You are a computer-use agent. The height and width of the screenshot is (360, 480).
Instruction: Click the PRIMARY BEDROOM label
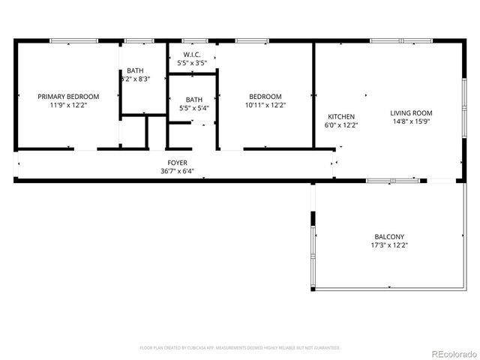68,97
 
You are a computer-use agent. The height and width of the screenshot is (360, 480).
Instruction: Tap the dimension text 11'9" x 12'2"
68,106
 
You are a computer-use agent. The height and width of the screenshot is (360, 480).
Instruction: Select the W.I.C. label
191,55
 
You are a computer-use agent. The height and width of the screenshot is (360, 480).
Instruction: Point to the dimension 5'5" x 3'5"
191,64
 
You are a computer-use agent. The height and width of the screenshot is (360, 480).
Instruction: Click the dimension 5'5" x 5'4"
193,108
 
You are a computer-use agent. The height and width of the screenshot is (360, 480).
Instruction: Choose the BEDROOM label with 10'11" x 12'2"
265,97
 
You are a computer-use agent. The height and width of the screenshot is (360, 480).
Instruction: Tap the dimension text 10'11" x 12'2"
265,106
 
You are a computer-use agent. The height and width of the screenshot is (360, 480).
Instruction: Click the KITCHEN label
341,116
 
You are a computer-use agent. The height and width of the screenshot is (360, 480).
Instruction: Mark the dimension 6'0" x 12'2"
341,125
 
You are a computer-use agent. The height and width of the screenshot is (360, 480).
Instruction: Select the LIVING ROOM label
411,113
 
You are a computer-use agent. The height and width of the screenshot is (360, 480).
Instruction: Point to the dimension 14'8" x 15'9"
411,122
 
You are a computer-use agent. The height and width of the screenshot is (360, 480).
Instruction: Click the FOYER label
177,163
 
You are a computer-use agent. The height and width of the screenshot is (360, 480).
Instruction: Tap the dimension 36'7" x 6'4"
177,172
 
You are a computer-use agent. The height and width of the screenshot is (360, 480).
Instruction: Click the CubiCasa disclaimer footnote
240,348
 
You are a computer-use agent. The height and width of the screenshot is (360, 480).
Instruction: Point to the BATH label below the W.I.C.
193,99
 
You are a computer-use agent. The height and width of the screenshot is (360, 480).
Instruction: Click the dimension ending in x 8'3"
136,79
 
